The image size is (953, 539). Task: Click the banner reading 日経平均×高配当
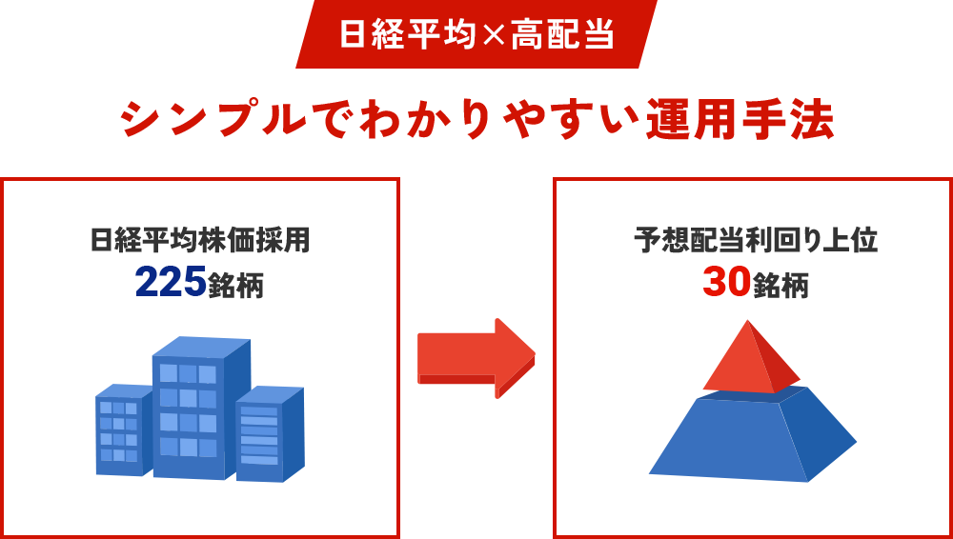[x=476, y=34]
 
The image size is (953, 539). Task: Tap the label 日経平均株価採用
[x=200, y=240]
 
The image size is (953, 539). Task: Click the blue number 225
[x=171, y=282]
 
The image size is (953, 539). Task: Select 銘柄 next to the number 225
[x=235, y=285]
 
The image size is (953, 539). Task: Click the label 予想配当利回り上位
[x=756, y=240]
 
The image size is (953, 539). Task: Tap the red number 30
[x=726, y=282]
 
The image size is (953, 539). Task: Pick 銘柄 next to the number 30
[x=781, y=285]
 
